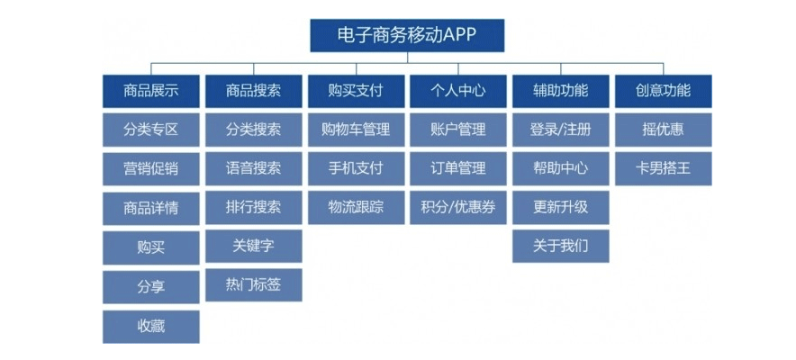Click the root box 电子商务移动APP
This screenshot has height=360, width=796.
tap(407, 35)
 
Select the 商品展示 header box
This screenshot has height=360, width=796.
tap(150, 91)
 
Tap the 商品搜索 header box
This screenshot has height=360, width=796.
tap(253, 91)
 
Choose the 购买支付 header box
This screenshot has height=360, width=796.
tap(356, 91)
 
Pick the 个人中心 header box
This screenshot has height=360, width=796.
tap(458, 91)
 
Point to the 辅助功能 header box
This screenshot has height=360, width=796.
tap(561, 91)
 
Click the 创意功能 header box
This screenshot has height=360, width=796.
tap(664, 91)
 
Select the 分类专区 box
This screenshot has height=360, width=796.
tap(150, 130)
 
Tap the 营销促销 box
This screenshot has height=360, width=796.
tap(150, 169)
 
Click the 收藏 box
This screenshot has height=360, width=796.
tap(150, 327)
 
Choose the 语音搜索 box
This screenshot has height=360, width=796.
tap(253, 169)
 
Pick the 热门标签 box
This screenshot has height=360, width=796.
tap(253, 285)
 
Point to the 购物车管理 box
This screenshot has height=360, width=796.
tap(356, 130)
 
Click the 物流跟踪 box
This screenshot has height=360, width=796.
tap(356, 207)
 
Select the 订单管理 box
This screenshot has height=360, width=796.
tap(458, 169)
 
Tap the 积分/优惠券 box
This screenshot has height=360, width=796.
tap(458, 207)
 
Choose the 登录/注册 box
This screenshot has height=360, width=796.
tap(561, 130)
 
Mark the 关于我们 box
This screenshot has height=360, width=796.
tap(561, 247)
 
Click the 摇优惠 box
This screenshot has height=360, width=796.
tap(664, 130)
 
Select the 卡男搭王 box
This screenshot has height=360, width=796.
tap(664, 169)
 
